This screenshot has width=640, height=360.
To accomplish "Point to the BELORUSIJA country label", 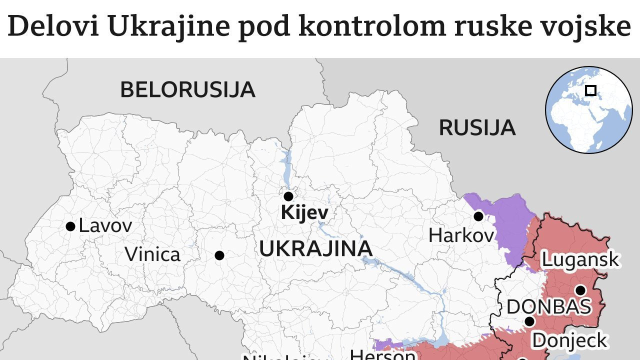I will [x=187, y=90].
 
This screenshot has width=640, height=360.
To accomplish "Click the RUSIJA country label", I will [x=476, y=128].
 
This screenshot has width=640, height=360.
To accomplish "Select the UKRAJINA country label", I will [x=315, y=248].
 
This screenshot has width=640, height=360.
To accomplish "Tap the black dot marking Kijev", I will [x=288, y=196].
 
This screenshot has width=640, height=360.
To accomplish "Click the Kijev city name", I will [x=304, y=213].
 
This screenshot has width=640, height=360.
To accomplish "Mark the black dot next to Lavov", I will [x=70, y=226].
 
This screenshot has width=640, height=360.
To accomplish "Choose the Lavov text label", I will [x=105, y=226].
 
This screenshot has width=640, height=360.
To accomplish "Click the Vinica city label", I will [x=152, y=254].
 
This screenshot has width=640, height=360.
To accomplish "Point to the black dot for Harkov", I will [x=478, y=216].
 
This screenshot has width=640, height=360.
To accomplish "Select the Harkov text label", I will [x=461, y=235].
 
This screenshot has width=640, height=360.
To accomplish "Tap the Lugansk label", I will [x=580, y=260].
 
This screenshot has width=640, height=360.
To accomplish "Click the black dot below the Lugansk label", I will [x=580, y=290].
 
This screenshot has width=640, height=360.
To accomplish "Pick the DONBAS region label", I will [x=548, y=307].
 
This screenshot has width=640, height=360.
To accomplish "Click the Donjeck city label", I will [x=569, y=340].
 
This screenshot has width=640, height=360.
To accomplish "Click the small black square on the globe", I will [x=590, y=90].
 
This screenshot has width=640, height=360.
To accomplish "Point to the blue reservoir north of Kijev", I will [x=286, y=167].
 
